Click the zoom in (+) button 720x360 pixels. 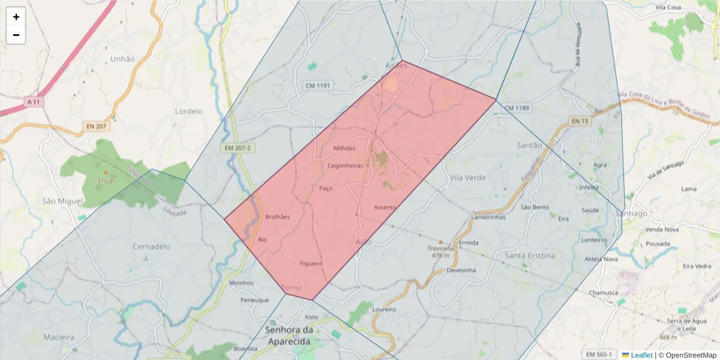click(16, 17)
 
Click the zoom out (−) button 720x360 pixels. click(16, 35)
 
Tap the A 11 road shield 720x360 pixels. click(35, 102)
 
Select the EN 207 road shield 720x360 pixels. click(95, 127)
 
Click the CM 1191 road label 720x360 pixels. click(318, 86)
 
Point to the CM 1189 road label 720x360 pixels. click(517, 108)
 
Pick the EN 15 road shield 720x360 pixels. click(580, 121)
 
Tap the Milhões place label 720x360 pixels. click(344, 148)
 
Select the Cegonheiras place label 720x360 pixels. click(346, 166)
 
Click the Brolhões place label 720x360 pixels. click(277, 217)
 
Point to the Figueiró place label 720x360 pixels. click(311, 263)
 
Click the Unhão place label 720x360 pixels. click(122, 59)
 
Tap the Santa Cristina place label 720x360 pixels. click(530, 255)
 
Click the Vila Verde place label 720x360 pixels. click(467, 178)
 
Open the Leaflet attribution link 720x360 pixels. click(641, 355)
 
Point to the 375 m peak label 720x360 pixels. click(106, 181)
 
